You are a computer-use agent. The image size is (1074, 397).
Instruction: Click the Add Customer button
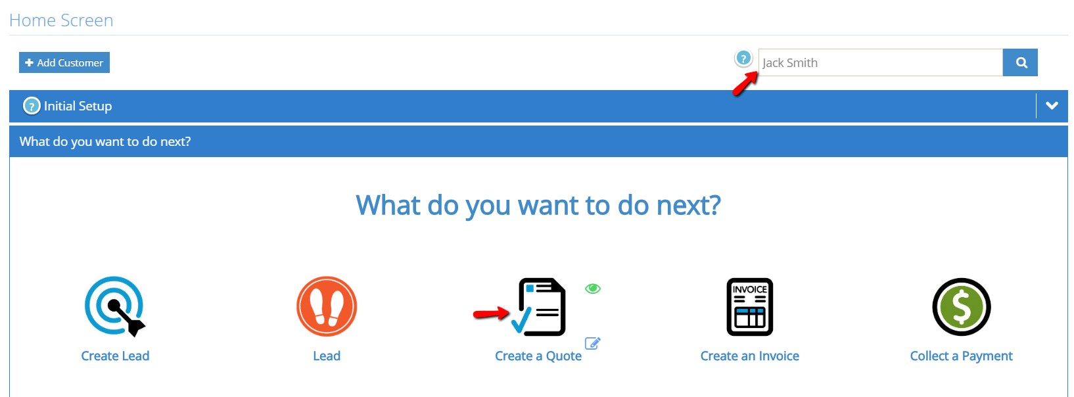[64, 62]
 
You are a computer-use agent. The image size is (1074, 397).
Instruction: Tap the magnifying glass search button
[1020, 62]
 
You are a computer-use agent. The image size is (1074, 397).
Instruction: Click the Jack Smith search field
[880, 62]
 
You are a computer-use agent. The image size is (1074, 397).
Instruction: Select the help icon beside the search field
[743, 59]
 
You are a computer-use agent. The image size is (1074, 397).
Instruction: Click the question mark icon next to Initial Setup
[32, 106]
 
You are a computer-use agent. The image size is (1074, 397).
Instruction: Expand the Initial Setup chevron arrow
[1052, 105]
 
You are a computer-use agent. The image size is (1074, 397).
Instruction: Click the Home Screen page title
[61, 20]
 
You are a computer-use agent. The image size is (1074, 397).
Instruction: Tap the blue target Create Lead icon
[114, 306]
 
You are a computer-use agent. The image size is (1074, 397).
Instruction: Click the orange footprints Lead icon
[327, 306]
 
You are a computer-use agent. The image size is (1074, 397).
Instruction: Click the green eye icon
[593, 288]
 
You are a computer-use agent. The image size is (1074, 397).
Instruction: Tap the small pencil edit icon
[593, 343]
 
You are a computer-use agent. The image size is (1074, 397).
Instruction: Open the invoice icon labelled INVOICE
[750, 307]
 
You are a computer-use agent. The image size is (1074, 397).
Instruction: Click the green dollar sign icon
[962, 307]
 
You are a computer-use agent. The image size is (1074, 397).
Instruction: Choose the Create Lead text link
[115, 356]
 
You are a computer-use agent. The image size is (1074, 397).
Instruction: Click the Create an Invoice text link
[750, 356]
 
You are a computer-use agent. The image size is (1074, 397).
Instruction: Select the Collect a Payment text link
[962, 356]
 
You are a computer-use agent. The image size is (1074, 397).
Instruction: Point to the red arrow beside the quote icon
[492, 314]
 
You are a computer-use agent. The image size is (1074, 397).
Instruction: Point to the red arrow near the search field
[745, 83]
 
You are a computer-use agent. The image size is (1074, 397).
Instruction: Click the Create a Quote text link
[538, 356]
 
